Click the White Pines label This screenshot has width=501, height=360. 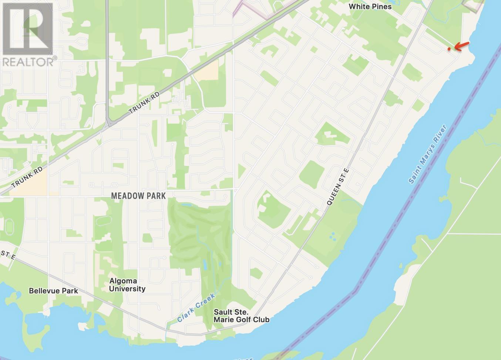(370, 6)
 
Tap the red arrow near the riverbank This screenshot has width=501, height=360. (461, 46)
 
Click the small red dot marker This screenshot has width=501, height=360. (449, 49)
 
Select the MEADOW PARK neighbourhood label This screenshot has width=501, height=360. (138, 196)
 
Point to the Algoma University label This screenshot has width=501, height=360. (127, 285)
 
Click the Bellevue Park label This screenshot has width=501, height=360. (53, 291)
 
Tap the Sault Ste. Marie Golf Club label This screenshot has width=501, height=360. (241, 316)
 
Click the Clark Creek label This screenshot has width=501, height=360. (196, 308)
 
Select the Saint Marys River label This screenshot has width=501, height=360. (428, 154)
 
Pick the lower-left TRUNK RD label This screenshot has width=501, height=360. (27, 177)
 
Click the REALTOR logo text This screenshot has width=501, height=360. (28, 61)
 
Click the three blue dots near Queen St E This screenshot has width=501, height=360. (333, 236)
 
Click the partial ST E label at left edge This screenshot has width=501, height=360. (7, 254)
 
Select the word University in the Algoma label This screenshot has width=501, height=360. (127, 289)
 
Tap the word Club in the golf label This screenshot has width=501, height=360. (260, 319)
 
